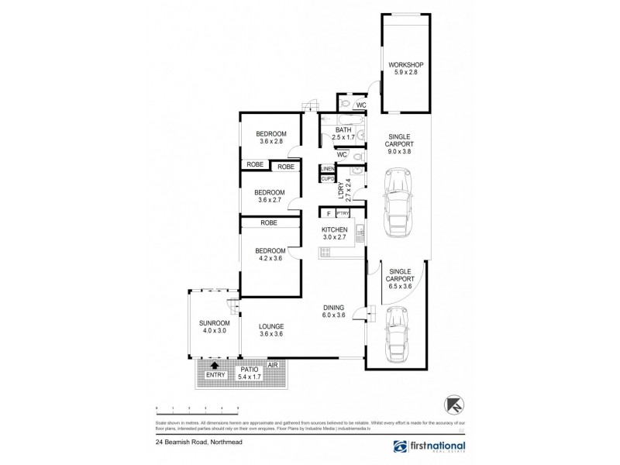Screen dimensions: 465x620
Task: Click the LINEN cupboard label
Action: (x=327, y=169)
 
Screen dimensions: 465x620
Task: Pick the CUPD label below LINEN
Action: (x=327, y=179)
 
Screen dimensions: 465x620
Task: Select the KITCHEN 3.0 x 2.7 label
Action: (x=338, y=234)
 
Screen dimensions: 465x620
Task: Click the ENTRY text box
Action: (x=215, y=376)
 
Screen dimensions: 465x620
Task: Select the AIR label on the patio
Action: (x=272, y=364)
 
